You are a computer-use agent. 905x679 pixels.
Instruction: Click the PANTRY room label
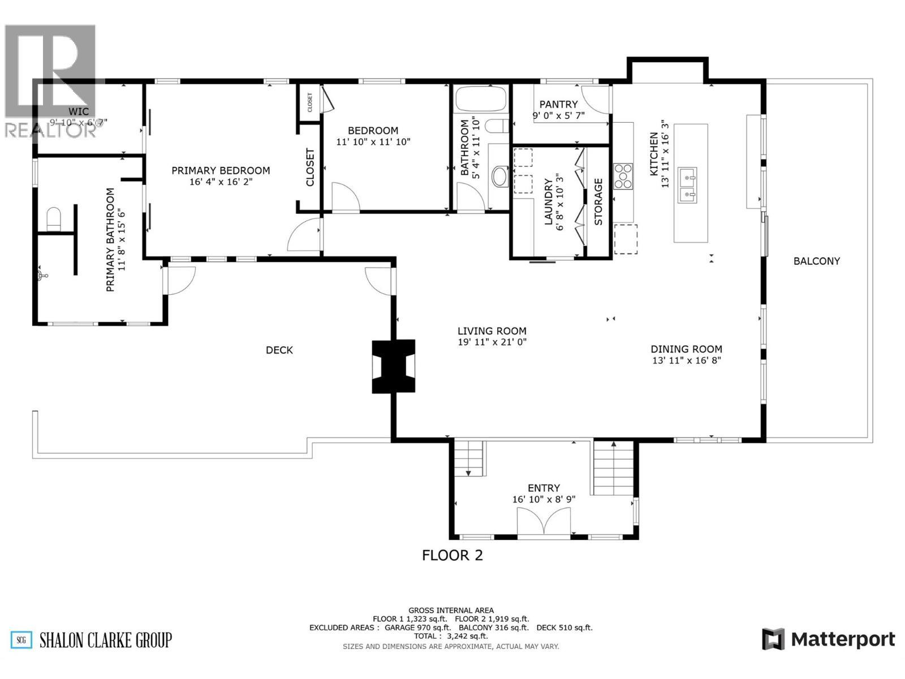coord(558,104)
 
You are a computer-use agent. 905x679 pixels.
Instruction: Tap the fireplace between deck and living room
coord(393,366)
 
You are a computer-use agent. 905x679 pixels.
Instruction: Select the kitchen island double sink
coord(687,186)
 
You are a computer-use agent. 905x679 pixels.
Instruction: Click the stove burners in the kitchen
coord(623,176)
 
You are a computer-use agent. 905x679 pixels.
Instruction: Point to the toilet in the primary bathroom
coord(53,219)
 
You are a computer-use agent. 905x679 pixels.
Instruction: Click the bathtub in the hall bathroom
coord(480,98)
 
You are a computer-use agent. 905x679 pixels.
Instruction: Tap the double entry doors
coord(544,521)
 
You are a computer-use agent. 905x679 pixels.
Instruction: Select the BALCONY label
coord(816,261)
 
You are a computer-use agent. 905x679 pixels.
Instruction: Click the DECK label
coord(279,350)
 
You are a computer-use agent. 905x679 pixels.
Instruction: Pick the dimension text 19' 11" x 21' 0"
coord(492,342)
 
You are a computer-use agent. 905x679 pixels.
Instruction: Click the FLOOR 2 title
coord(453,555)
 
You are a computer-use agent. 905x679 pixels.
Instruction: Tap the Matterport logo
coord(829,639)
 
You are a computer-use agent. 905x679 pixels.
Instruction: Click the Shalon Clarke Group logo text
coord(105,640)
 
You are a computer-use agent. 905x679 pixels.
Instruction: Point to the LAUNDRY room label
coord(548,202)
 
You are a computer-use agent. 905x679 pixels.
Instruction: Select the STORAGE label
coord(598,202)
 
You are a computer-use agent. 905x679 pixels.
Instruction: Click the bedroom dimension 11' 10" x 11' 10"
coord(373,142)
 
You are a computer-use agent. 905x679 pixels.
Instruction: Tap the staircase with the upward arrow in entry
coord(613,467)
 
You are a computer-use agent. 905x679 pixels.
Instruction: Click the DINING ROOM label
coord(686,349)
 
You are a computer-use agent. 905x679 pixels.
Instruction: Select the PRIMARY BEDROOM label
coord(221,170)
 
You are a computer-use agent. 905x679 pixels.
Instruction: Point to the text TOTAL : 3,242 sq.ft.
coord(450,636)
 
